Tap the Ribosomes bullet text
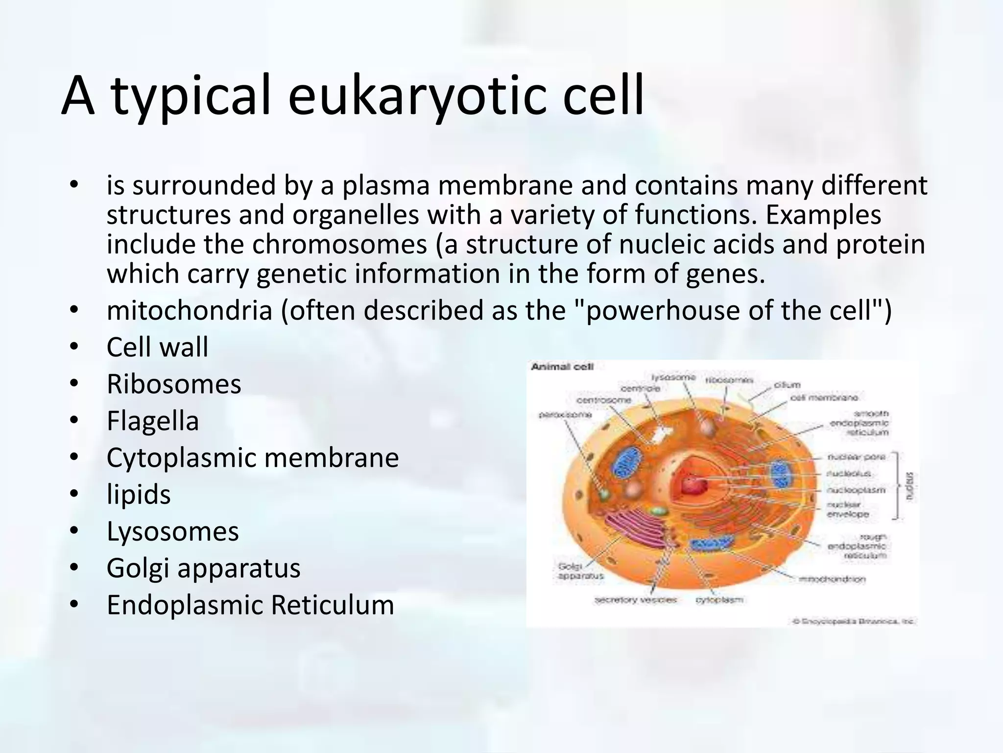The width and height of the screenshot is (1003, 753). click(x=174, y=384)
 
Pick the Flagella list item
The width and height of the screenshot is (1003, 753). click(x=153, y=421)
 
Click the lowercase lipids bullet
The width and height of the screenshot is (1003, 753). click(x=139, y=494)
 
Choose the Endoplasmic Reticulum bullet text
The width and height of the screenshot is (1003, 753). click(x=250, y=604)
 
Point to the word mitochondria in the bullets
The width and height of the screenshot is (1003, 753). click(x=189, y=310)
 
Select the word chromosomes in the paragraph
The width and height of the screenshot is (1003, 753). click(x=339, y=244)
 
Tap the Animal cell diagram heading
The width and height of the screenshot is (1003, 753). click(x=562, y=367)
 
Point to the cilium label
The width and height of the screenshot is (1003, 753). click(x=787, y=385)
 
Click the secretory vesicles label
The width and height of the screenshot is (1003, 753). click(x=635, y=600)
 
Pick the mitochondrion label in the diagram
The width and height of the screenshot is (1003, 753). click(x=832, y=579)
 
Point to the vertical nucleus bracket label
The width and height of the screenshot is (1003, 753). click(x=909, y=486)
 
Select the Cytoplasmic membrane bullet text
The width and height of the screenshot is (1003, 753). click(x=253, y=457)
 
